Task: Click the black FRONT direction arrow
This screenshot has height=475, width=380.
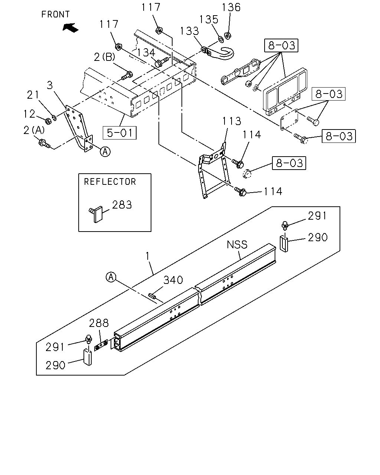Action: pos(71,28)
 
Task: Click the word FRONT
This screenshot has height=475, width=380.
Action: pos(55,14)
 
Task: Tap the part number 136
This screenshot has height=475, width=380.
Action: pos(231,7)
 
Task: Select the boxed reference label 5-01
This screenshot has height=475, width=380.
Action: pos(119,133)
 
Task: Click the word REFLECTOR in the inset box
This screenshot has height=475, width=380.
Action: pos(110,182)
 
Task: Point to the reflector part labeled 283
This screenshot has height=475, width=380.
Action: pos(96,214)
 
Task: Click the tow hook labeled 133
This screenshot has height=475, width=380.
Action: pos(219,53)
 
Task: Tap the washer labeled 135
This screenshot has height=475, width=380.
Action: pos(221,39)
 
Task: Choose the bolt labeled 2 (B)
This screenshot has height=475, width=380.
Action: pos(127,75)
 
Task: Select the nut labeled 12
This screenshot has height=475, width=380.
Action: pos(48,121)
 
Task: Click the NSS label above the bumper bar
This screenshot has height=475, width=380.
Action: pos(237,245)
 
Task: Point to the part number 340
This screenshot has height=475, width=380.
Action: pos(173,280)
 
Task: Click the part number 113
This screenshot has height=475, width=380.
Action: pos(232,121)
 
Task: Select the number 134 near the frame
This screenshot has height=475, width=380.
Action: pos(146,53)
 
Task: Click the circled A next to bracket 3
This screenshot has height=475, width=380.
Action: pos(105,152)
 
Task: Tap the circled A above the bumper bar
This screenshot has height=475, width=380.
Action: pos(111,277)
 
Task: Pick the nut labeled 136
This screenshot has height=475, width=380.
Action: pos(227,35)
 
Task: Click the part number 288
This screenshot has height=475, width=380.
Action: pos(99,323)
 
